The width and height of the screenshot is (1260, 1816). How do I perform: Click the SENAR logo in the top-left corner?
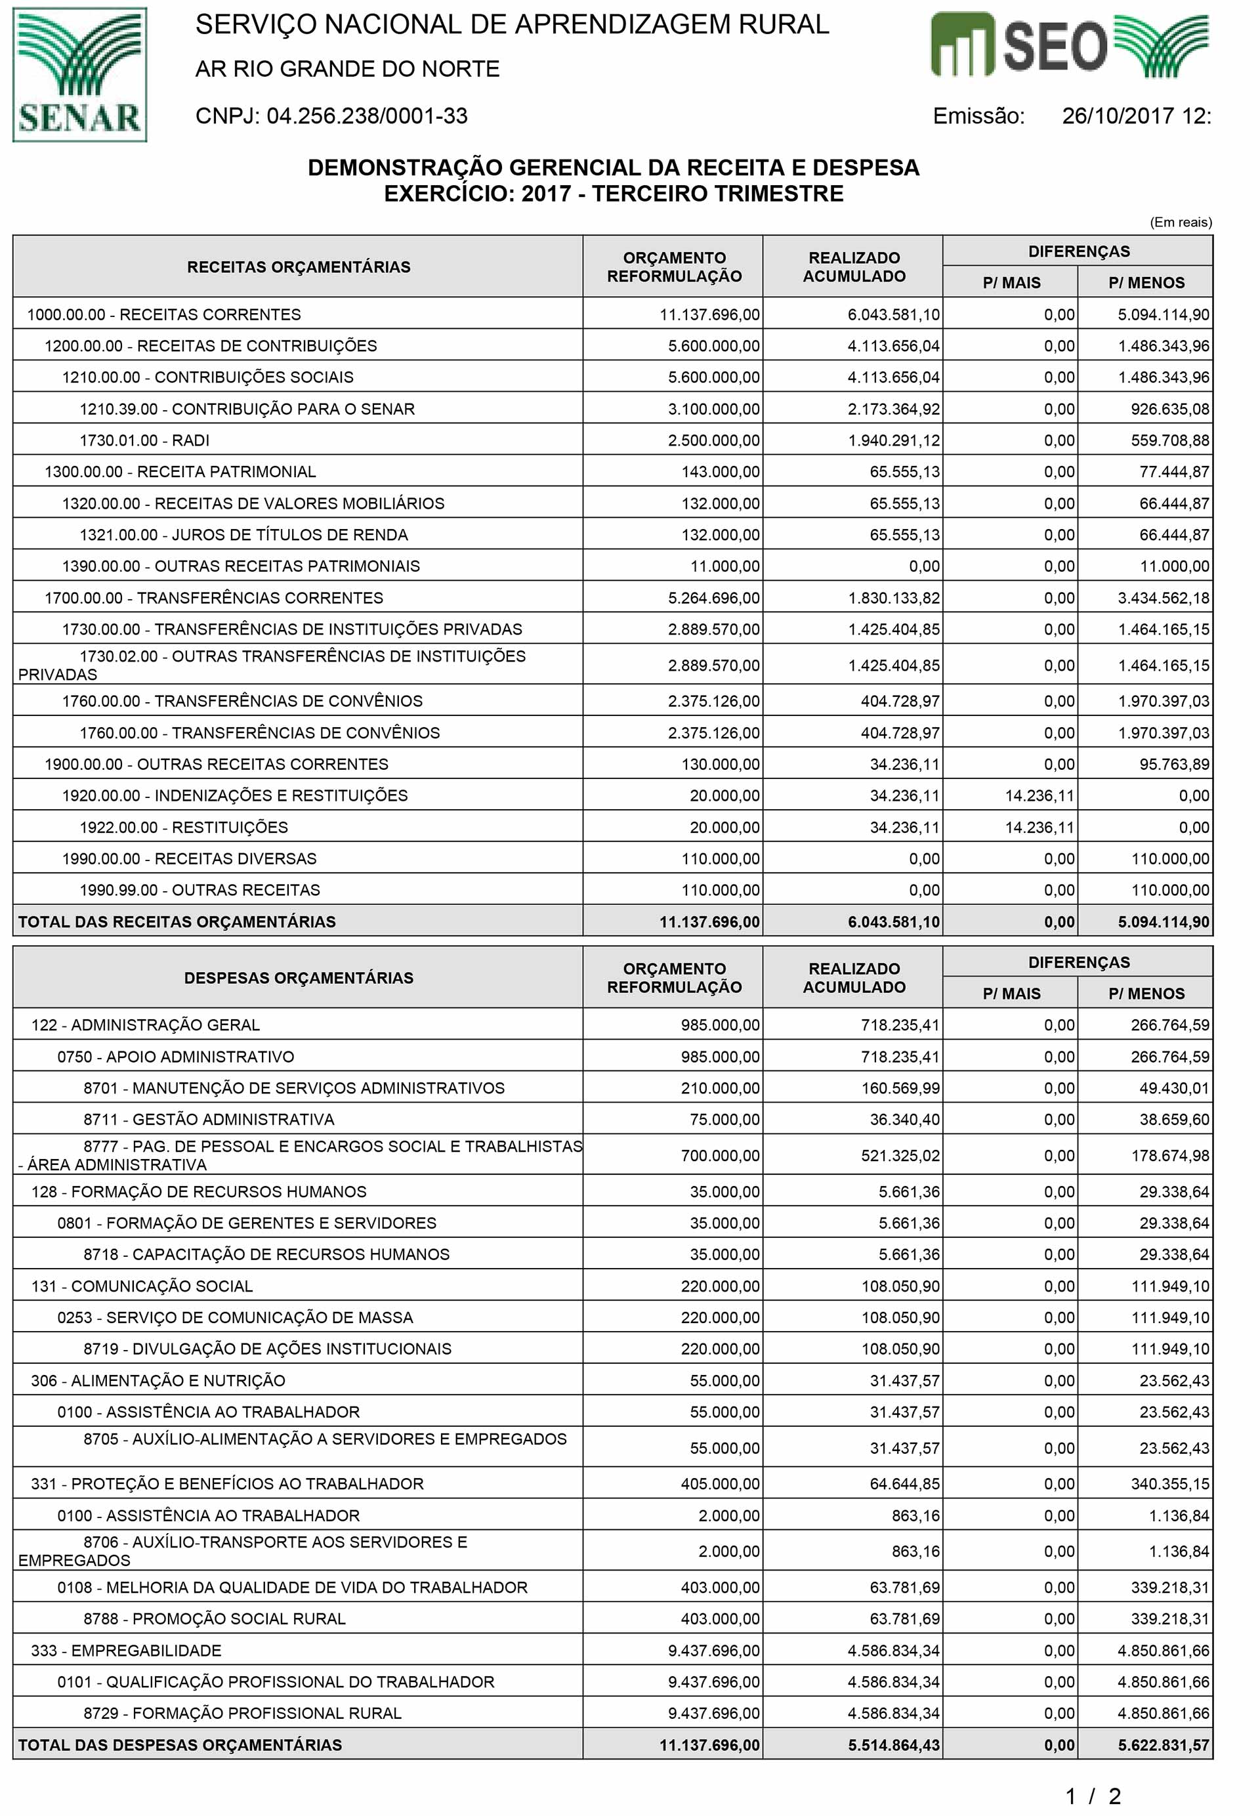tap(80, 75)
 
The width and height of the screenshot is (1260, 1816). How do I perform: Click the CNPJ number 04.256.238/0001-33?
tap(367, 116)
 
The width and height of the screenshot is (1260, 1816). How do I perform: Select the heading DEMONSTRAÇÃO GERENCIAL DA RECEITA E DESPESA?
tap(614, 167)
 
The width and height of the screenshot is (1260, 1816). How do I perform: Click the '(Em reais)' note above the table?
tap(1180, 222)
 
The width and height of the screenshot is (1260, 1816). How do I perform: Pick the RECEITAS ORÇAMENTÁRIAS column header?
tap(299, 267)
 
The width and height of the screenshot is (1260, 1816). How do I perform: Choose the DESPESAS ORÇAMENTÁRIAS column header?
tap(299, 977)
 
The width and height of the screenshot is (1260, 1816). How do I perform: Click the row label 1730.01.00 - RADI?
tap(144, 440)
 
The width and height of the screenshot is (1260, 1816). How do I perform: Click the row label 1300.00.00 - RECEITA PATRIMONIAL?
tap(180, 471)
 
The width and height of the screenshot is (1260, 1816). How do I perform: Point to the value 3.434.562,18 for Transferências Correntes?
tap(1163, 598)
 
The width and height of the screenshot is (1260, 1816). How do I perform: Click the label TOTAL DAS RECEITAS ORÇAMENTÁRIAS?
tap(177, 921)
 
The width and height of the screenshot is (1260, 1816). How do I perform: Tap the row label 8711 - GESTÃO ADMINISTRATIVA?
tap(209, 1119)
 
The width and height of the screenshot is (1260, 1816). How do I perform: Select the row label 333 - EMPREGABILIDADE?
tap(126, 1650)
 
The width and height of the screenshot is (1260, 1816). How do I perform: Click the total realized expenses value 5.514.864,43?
tap(894, 1745)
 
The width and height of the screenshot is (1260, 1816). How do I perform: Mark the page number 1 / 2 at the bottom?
tap(1093, 1797)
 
